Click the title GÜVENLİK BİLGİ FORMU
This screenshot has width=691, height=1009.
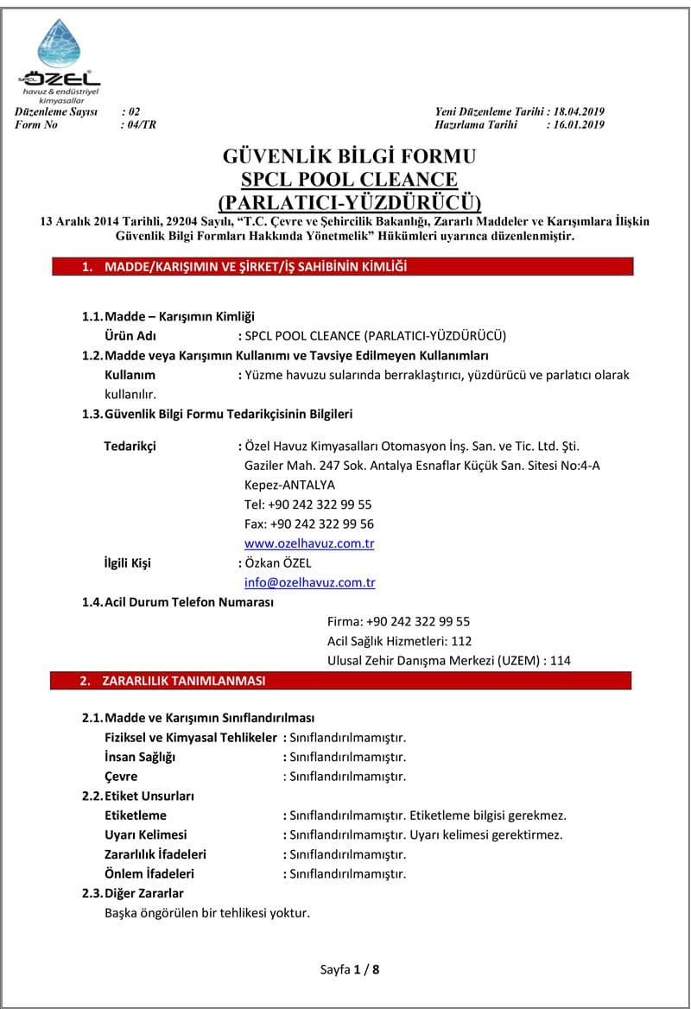pos(349,157)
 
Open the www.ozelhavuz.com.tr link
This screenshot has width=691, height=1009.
pos(309,543)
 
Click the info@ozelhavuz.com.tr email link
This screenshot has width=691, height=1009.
pos(309,582)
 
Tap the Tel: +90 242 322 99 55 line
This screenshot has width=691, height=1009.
pos(308,504)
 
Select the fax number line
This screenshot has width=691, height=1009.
pos(309,524)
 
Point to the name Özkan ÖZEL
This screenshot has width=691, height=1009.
pos(273,563)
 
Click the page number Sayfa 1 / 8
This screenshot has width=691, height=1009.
pos(349,969)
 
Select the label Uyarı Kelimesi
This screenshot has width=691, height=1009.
pos(145,834)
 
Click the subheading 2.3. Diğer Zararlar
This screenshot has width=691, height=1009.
pos(133,892)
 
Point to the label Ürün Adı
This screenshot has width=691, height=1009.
pos(130,336)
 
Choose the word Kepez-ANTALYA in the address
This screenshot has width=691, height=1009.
pos(289,485)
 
